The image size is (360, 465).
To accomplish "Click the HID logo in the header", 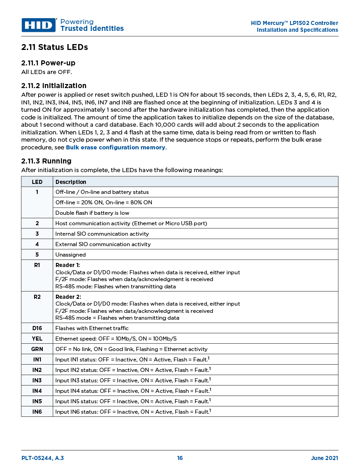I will [x=39, y=25].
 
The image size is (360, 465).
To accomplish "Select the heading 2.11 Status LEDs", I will [x=55, y=47].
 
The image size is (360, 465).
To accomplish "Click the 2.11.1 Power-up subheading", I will [x=48, y=63].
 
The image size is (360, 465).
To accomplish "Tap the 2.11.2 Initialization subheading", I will [x=54, y=86].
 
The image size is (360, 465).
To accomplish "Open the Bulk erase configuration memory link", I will [x=115, y=148].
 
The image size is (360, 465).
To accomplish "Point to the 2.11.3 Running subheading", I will [x=46, y=161].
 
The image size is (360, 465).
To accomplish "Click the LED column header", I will [x=37, y=182].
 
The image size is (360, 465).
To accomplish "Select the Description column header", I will [x=70, y=182].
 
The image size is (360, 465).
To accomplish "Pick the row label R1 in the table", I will [x=37, y=265].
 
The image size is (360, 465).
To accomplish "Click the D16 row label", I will [x=37, y=328].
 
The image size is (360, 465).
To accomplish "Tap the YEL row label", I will [x=37, y=338].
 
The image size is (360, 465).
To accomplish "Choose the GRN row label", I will [x=37, y=349].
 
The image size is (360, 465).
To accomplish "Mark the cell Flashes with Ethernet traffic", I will [x=92, y=328].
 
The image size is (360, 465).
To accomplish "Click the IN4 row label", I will [x=37, y=391].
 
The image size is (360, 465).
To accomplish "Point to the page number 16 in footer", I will [x=180, y=458].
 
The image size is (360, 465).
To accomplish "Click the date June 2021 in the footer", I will [x=324, y=458].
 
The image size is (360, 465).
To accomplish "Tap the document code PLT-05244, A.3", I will [x=43, y=458].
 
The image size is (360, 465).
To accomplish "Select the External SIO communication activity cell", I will [x=103, y=244].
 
